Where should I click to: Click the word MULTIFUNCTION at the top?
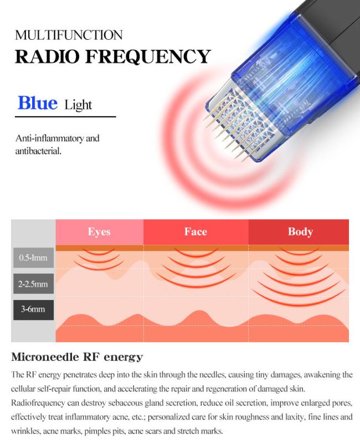(69, 35)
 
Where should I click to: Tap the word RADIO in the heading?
(47, 56)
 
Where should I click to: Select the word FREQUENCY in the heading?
(148, 56)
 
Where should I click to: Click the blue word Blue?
(38, 102)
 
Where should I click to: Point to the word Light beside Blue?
(78, 105)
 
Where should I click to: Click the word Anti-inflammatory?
(49, 138)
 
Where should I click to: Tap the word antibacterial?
(38, 151)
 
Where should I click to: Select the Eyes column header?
(99, 231)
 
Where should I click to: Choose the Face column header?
(196, 231)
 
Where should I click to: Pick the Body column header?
(300, 231)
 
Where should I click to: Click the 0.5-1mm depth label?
(33, 257)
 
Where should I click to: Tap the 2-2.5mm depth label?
(33, 284)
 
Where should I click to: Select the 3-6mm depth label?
(33, 309)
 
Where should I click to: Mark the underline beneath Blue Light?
(65, 116)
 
